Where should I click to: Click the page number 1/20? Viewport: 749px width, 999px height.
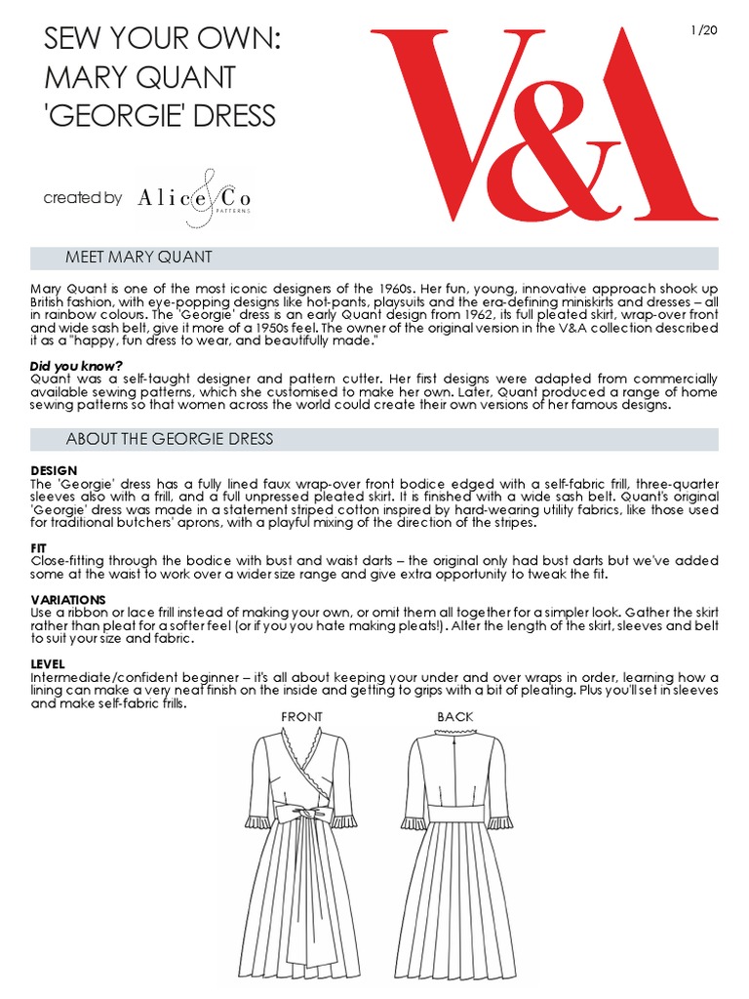(x=704, y=30)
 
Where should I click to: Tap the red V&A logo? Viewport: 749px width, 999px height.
(x=543, y=123)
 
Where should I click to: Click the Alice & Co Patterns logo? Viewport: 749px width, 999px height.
(x=194, y=198)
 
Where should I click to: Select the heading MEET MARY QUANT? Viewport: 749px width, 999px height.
(x=138, y=258)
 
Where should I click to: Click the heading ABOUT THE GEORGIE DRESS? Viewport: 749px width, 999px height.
(x=170, y=439)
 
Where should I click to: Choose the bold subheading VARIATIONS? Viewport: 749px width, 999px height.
(x=68, y=599)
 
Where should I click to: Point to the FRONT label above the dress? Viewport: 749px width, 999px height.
(x=301, y=717)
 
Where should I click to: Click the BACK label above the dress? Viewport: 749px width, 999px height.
(x=454, y=717)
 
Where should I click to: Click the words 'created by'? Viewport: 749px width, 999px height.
(x=83, y=198)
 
